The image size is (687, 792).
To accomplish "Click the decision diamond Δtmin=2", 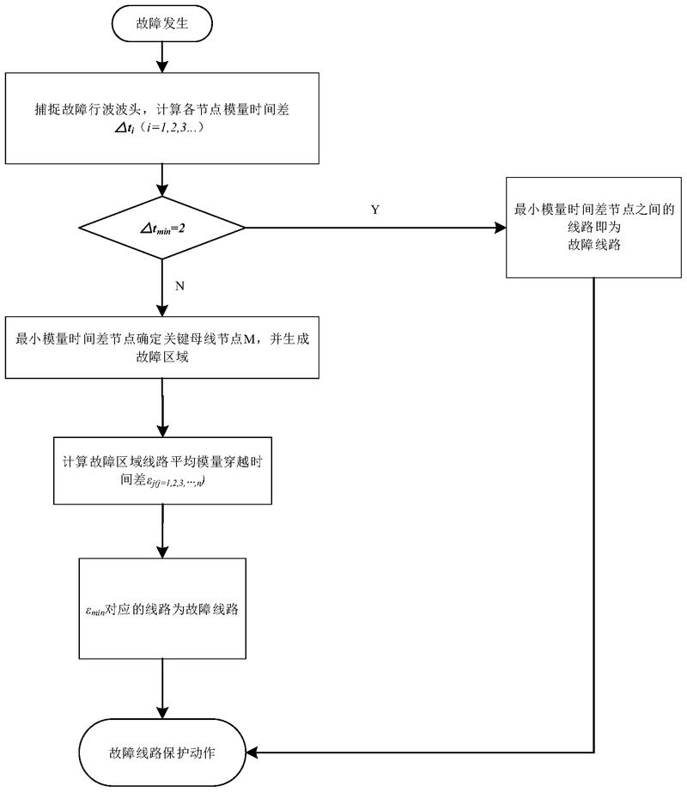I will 162,228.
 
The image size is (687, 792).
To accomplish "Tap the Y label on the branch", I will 374,210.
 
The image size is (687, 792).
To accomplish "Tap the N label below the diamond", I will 179,286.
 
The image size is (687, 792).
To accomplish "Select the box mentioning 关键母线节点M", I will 162,348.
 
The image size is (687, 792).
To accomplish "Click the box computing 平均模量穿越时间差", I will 162,472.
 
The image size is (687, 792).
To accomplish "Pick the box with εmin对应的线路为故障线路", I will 162,611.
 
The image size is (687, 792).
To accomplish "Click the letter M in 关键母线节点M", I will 250,339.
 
